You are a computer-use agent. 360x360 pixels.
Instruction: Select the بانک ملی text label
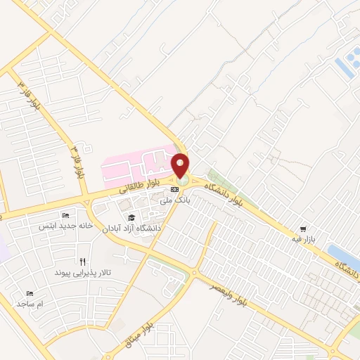point(176,202)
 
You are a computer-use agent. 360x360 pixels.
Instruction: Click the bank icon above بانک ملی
point(175,191)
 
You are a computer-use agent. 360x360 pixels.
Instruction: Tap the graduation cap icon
point(131,217)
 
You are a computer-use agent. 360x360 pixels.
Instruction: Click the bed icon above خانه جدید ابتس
point(65,215)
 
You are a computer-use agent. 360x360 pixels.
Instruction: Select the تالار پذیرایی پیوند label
point(84,271)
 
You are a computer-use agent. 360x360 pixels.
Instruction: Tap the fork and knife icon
point(84,261)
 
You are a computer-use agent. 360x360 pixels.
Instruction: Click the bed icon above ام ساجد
point(30,293)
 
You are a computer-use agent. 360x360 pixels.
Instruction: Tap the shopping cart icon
point(303,229)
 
